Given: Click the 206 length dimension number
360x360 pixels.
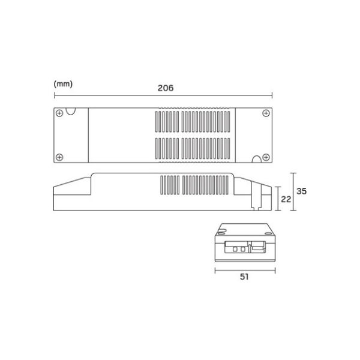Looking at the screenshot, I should point(166,88).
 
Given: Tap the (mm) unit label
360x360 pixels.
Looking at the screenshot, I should point(63,83).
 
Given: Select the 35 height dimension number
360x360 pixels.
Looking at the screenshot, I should point(302,191).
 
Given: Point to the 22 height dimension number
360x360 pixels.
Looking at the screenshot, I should point(286,200).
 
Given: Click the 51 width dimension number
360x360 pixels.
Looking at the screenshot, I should point(244,277).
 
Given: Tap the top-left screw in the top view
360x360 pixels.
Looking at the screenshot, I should point(59,112).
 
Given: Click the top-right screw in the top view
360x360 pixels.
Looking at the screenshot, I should point(266,112).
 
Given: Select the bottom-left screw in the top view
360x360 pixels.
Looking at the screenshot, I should point(59,157).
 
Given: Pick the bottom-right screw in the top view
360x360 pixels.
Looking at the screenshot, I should point(266,157).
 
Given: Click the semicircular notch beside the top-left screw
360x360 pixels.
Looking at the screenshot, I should point(71,110).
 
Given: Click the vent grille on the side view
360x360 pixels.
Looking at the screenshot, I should point(195,185).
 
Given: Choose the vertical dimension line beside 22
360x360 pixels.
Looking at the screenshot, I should point(277,199).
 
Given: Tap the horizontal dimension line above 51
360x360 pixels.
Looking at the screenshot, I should point(228,270).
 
